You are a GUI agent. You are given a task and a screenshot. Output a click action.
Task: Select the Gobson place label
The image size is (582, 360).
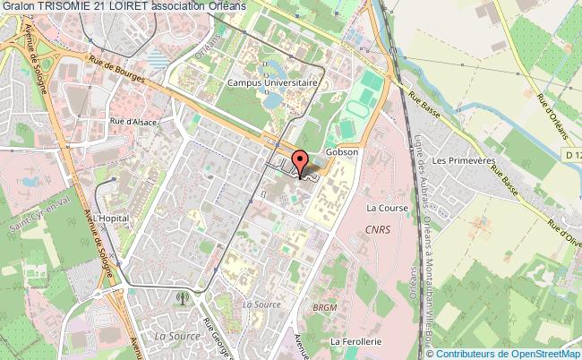342,152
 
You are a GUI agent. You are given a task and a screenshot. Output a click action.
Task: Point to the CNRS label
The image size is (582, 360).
378,229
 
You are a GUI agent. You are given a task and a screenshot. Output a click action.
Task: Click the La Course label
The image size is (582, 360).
388,208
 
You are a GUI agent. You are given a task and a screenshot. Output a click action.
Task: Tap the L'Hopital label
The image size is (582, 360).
113,218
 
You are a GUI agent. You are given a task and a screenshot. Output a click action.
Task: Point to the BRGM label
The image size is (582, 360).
323,307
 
